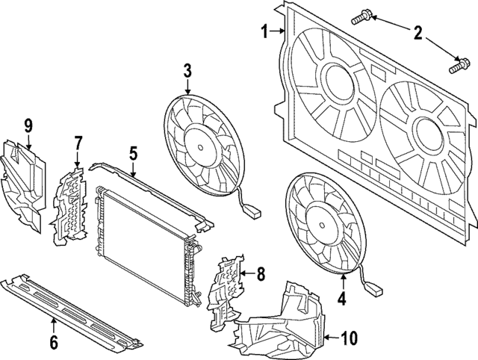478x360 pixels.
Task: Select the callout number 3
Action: (x=188, y=71)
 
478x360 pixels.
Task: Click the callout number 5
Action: (x=133, y=154)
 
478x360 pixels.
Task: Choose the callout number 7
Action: (x=77, y=142)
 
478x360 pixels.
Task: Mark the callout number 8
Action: (x=260, y=274)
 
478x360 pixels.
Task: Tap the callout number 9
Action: (x=28, y=124)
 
